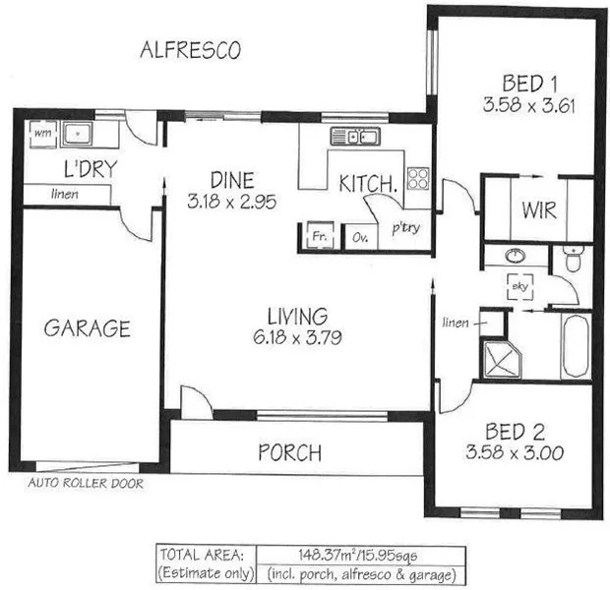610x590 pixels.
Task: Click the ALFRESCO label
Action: point(190,50)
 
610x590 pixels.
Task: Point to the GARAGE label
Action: point(87,328)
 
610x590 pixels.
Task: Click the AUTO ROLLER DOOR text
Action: point(86,484)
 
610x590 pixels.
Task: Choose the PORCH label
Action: point(289,453)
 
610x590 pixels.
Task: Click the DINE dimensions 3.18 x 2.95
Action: point(231,204)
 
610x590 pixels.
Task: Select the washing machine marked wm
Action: point(41,132)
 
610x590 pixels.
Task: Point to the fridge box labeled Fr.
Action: point(319,236)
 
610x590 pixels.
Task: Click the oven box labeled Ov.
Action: point(360,236)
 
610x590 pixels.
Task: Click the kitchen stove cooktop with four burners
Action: point(418,178)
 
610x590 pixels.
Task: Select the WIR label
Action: point(539,210)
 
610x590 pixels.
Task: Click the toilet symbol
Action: point(574,261)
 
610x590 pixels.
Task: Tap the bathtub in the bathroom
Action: point(575,345)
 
